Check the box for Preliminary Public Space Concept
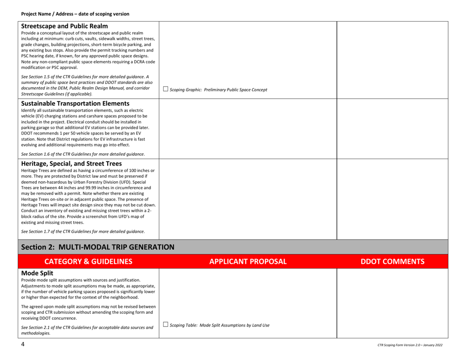(167, 88)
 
